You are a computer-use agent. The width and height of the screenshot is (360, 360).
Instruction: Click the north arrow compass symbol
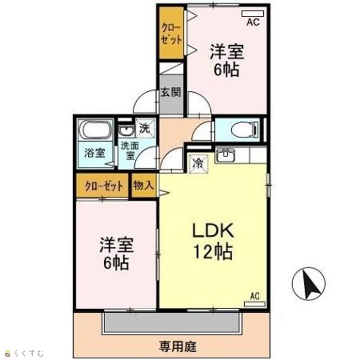(x=309, y=284)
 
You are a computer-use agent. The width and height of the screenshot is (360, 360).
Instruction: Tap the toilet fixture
(x=245, y=129)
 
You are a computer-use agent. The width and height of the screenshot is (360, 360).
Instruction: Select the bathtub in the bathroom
(x=95, y=130)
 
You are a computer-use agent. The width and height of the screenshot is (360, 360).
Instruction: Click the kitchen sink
(x=225, y=155)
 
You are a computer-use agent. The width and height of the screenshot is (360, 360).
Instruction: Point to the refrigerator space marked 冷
(x=198, y=163)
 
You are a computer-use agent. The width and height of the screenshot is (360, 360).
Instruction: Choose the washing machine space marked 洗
(x=145, y=128)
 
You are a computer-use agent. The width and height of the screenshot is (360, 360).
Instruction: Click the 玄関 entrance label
(x=171, y=92)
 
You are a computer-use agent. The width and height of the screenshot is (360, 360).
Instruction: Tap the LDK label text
(x=213, y=230)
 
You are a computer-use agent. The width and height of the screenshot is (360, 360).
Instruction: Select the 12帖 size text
(x=214, y=251)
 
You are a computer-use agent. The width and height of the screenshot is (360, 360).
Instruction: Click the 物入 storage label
(x=143, y=185)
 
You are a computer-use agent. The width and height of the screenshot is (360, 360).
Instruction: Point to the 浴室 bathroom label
(x=94, y=153)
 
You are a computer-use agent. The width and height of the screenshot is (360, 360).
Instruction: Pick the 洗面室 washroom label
(x=130, y=151)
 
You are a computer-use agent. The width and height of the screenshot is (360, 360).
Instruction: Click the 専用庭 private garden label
(x=178, y=346)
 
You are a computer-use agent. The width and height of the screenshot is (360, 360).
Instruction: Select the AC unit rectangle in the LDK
(x=255, y=304)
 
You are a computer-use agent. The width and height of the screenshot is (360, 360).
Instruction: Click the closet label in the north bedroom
(x=172, y=34)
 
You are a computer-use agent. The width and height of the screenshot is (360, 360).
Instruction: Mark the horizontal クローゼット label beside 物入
(x=103, y=186)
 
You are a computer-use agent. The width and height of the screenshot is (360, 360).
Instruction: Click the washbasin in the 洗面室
(x=125, y=132)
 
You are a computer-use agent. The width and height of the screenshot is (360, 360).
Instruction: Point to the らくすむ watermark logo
(x=25, y=353)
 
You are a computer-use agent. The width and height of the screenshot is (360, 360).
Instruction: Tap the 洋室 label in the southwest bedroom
(x=116, y=245)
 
